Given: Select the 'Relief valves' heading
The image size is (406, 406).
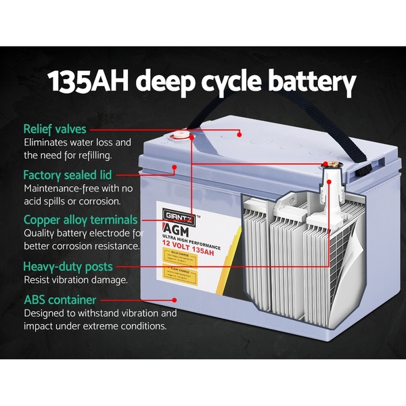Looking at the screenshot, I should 55,129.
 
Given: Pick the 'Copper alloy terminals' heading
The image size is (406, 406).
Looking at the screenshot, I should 81,220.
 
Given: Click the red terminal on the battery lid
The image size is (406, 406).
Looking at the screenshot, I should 181,135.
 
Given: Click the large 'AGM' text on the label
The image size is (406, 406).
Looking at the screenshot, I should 175,229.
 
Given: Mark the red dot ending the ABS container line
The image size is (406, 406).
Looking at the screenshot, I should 175,299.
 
